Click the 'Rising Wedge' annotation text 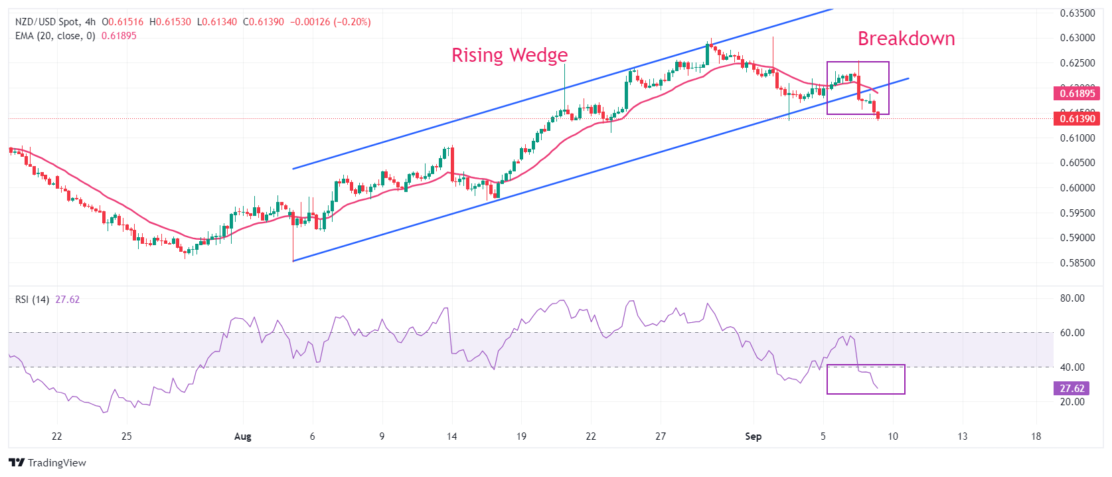(x=509, y=55)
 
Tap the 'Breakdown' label (x=906, y=39)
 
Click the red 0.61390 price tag (x=1076, y=118)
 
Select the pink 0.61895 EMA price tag (x=1076, y=94)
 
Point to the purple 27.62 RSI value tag (x=1072, y=389)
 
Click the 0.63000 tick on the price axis (x=1077, y=38)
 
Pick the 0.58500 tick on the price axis (x=1077, y=262)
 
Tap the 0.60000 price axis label (x=1077, y=188)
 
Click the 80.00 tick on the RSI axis (x=1072, y=298)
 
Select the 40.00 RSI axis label (x=1072, y=367)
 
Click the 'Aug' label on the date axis (x=243, y=436)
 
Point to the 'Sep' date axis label (x=753, y=436)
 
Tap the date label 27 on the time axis (x=661, y=436)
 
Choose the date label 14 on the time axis (x=451, y=436)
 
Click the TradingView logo (x=48, y=462)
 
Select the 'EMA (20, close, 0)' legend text (x=55, y=36)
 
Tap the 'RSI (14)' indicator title (x=32, y=300)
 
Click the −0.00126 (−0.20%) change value (x=330, y=22)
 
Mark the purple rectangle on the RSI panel (x=866, y=379)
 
